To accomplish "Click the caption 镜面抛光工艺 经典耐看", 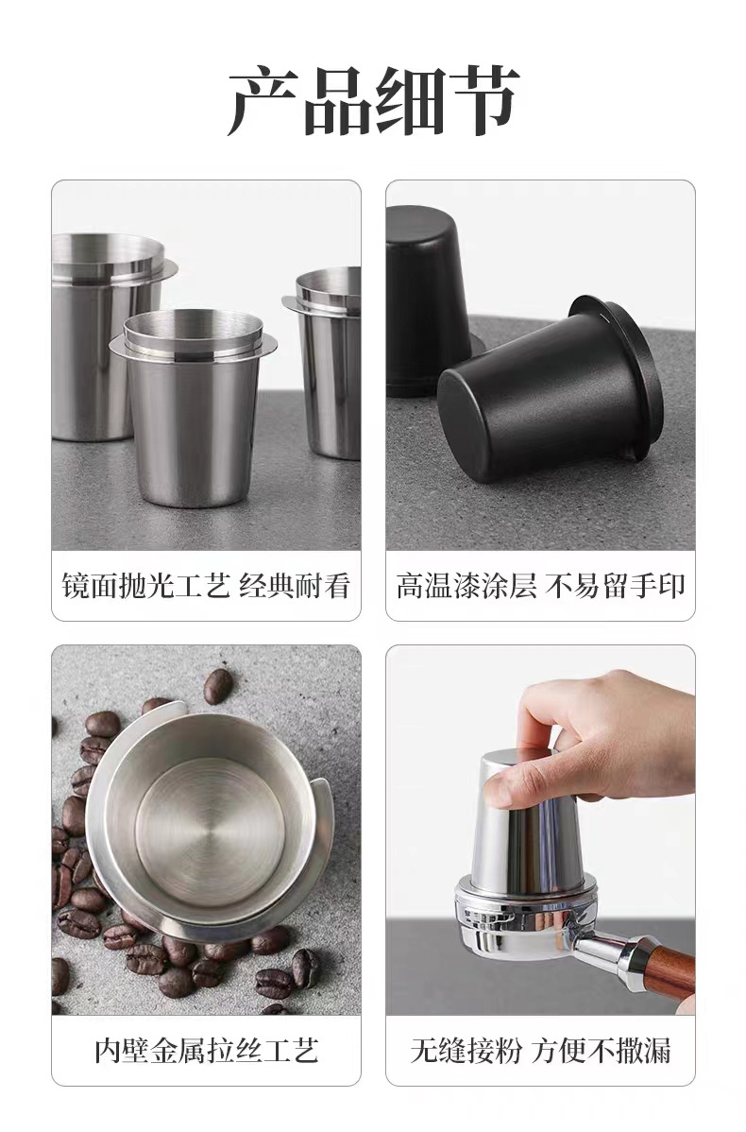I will (206, 586).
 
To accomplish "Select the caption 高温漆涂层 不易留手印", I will (540, 586).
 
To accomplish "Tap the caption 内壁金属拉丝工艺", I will (206, 1050).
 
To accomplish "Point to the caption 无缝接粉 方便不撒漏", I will (540, 1050).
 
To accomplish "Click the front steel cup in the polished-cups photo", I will (195, 416).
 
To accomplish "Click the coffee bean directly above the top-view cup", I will (217, 685).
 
